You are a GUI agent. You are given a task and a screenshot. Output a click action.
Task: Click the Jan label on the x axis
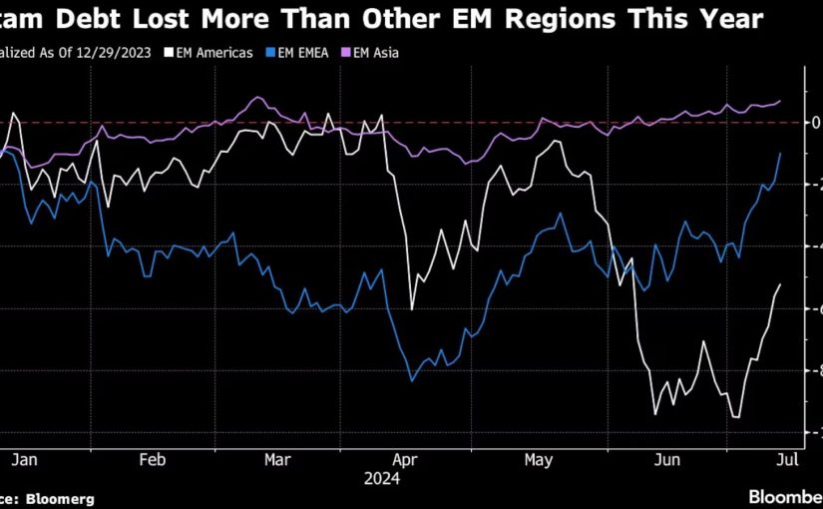(x=26, y=460)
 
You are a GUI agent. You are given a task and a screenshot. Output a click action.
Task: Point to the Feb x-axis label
(x=151, y=460)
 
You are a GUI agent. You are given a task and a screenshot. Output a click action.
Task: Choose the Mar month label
(x=278, y=460)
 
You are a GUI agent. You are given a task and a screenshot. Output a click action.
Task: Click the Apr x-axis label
(x=405, y=460)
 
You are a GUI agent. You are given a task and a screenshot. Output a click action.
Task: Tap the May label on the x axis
(x=538, y=460)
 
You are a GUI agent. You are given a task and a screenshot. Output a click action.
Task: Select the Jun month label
(x=665, y=460)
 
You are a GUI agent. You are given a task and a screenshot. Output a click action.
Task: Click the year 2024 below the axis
(x=382, y=479)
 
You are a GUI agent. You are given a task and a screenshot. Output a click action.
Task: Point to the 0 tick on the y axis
(x=816, y=122)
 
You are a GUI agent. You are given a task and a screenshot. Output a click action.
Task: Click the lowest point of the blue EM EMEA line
(x=412, y=380)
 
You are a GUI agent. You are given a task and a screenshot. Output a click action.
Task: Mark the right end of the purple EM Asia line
(x=780, y=100)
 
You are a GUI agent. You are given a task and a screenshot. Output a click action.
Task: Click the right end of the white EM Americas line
(x=780, y=284)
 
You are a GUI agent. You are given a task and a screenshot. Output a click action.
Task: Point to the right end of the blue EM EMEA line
(x=780, y=153)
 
